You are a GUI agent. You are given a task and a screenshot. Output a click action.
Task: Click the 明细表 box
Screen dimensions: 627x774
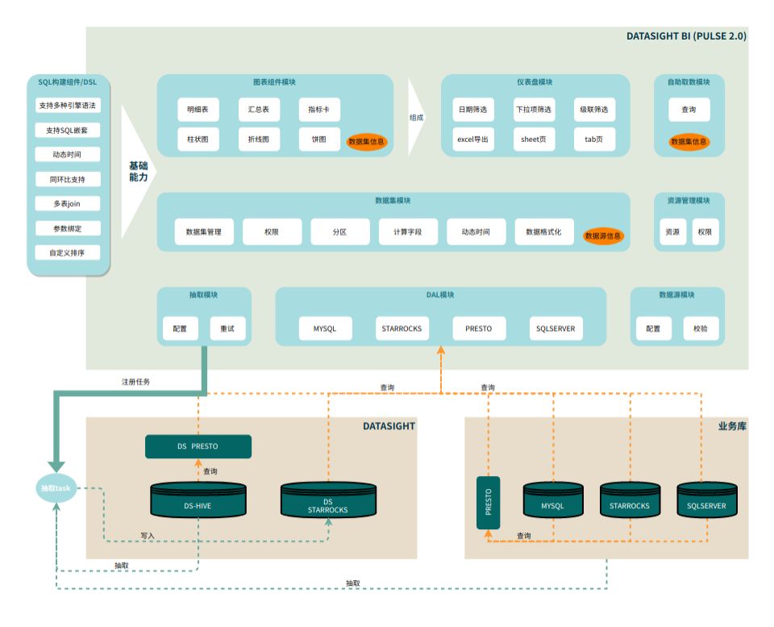(198, 110)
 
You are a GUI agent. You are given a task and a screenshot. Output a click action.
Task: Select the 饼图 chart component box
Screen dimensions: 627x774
(318, 139)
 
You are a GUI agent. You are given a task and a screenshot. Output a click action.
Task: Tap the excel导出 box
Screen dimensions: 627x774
(472, 139)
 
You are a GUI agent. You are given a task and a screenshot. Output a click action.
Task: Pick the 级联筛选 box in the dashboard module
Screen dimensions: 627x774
(593, 110)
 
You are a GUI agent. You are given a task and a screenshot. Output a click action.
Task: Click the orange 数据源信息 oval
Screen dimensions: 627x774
(604, 236)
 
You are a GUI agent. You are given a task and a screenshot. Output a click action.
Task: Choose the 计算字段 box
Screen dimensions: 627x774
(408, 232)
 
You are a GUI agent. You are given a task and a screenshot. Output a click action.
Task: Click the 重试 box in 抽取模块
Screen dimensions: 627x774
(227, 328)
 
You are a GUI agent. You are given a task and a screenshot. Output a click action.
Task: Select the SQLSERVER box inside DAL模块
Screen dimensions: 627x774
(556, 328)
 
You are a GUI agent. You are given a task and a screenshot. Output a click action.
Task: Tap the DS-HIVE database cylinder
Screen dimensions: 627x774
(198, 501)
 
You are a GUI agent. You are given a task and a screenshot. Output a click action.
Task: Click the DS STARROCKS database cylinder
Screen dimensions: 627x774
(327, 501)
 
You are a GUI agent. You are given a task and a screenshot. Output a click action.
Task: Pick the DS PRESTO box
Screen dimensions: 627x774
(198, 446)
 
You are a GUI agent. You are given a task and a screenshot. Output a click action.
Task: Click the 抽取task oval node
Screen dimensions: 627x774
(56, 488)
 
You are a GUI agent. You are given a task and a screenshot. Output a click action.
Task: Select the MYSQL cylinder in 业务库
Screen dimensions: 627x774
(552, 501)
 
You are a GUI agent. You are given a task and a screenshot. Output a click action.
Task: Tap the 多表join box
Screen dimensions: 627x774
(68, 203)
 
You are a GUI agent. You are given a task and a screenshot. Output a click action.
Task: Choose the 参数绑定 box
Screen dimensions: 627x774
(68, 228)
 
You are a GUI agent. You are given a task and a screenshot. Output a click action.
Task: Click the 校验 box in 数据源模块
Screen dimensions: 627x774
(700, 328)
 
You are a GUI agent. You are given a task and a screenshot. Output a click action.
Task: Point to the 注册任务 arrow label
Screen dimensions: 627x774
(135, 381)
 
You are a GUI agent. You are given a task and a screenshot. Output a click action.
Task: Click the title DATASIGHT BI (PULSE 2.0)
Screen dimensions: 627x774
(686, 36)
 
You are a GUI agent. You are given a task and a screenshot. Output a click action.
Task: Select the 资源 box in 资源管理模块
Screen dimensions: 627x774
(671, 232)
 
